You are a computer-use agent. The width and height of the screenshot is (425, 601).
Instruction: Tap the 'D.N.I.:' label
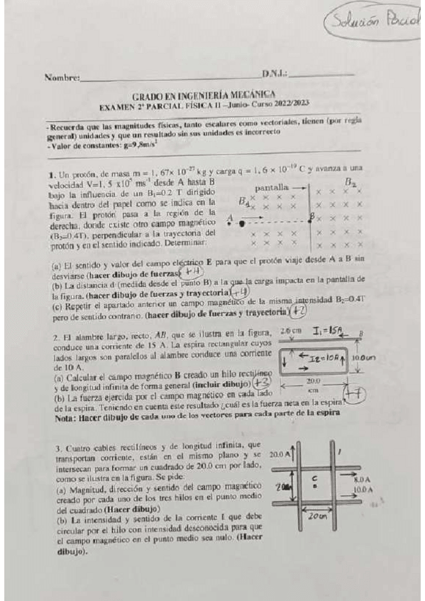[274, 74]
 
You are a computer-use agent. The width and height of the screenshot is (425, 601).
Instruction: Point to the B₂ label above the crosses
[350, 182]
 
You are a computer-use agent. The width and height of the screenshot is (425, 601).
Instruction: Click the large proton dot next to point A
[242, 222]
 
